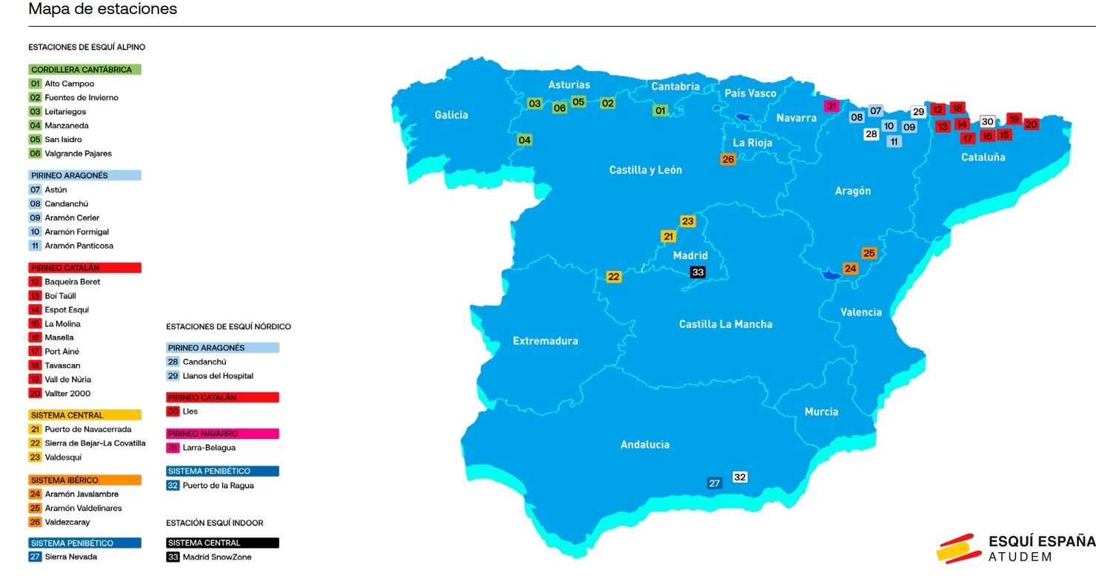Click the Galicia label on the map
click(x=451, y=115)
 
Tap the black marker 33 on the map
click(x=698, y=272)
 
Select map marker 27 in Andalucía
click(x=715, y=483)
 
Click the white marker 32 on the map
click(x=740, y=477)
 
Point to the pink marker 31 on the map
click(x=832, y=107)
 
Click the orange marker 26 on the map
click(x=728, y=159)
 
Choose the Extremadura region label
click(x=545, y=341)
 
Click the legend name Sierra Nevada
click(x=70, y=557)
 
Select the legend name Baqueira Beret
click(x=72, y=282)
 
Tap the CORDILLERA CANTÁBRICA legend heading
click(x=81, y=70)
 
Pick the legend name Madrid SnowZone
click(x=217, y=557)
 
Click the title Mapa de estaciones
click(x=103, y=10)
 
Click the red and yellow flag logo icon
click(x=958, y=549)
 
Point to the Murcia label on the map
click(x=821, y=412)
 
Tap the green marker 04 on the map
click(x=524, y=140)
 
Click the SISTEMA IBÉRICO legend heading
click(x=64, y=480)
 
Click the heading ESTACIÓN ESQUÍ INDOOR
click(x=215, y=523)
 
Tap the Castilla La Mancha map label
click(x=725, y=324)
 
